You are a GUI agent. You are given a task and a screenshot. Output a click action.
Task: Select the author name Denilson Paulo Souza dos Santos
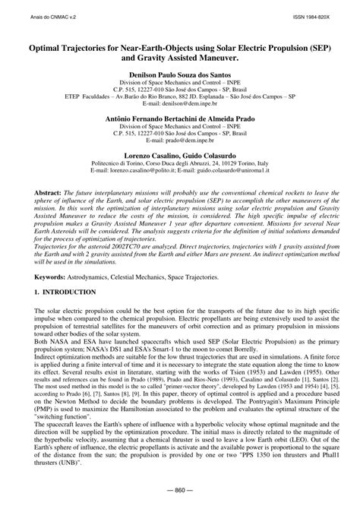[x=179, y=76]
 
